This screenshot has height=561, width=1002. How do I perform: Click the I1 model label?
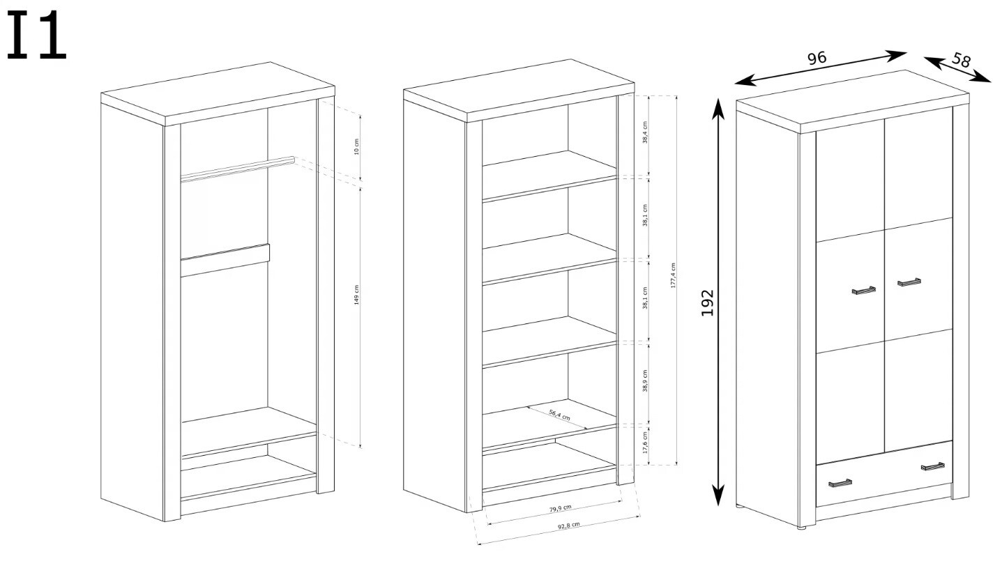(x=37, y=36)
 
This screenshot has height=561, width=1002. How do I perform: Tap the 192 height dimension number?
(x=707, y=303)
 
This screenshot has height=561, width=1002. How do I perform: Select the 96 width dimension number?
(x=817, y=58)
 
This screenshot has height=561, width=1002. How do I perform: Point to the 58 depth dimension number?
(x=961, y=60)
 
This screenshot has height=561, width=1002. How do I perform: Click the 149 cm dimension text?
(x=356, y=295)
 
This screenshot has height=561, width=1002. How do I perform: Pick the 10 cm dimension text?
(x=356, y=146)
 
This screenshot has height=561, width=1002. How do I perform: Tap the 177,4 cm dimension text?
(x=673, y=275)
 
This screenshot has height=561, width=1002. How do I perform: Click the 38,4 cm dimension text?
(x=645, y=132)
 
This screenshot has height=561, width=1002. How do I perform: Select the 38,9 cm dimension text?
(x=645, y=381)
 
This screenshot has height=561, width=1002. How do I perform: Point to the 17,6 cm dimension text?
(x=645, y=443)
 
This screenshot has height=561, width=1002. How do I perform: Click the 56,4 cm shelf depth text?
(x=560, y=415)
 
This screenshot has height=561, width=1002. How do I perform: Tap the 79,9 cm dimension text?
(x=561, y=508)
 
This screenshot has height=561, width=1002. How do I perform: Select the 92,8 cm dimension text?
(x=568, y=525)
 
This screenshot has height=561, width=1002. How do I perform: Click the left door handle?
(x=863, y=290)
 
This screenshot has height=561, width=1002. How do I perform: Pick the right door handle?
(x=909, y=282)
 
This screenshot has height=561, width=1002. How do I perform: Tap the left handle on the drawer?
(x=840, y=483)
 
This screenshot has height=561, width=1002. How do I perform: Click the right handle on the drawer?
(x=933, y=466)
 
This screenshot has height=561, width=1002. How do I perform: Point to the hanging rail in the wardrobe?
(x=238, y=169)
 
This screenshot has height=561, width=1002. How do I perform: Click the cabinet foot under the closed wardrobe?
(x=801, y=528)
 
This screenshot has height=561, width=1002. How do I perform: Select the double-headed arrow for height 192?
(x=718, y=302)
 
